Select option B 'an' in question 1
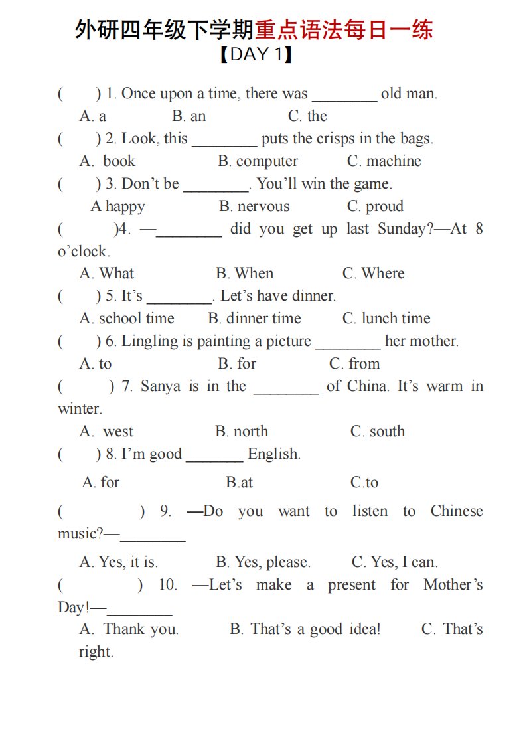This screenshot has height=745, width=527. tap(189, 116)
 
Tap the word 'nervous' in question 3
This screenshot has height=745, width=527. tap(255, 207)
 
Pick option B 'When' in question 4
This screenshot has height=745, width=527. tap(244, 274)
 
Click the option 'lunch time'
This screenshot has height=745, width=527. tap(386, 319)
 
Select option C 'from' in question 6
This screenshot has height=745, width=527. tap(354, 364)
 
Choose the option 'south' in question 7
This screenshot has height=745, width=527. tap(378, 432)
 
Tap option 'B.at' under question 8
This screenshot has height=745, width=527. tap(239, 483)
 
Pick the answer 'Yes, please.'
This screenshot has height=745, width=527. tap(263, 562)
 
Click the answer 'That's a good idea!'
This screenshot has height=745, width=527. tap(305, 629)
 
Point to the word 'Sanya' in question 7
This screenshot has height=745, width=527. tap(160, 386)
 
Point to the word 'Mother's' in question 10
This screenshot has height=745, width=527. tap(453, 585)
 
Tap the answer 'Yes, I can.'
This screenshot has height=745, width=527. tap(394, 562)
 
